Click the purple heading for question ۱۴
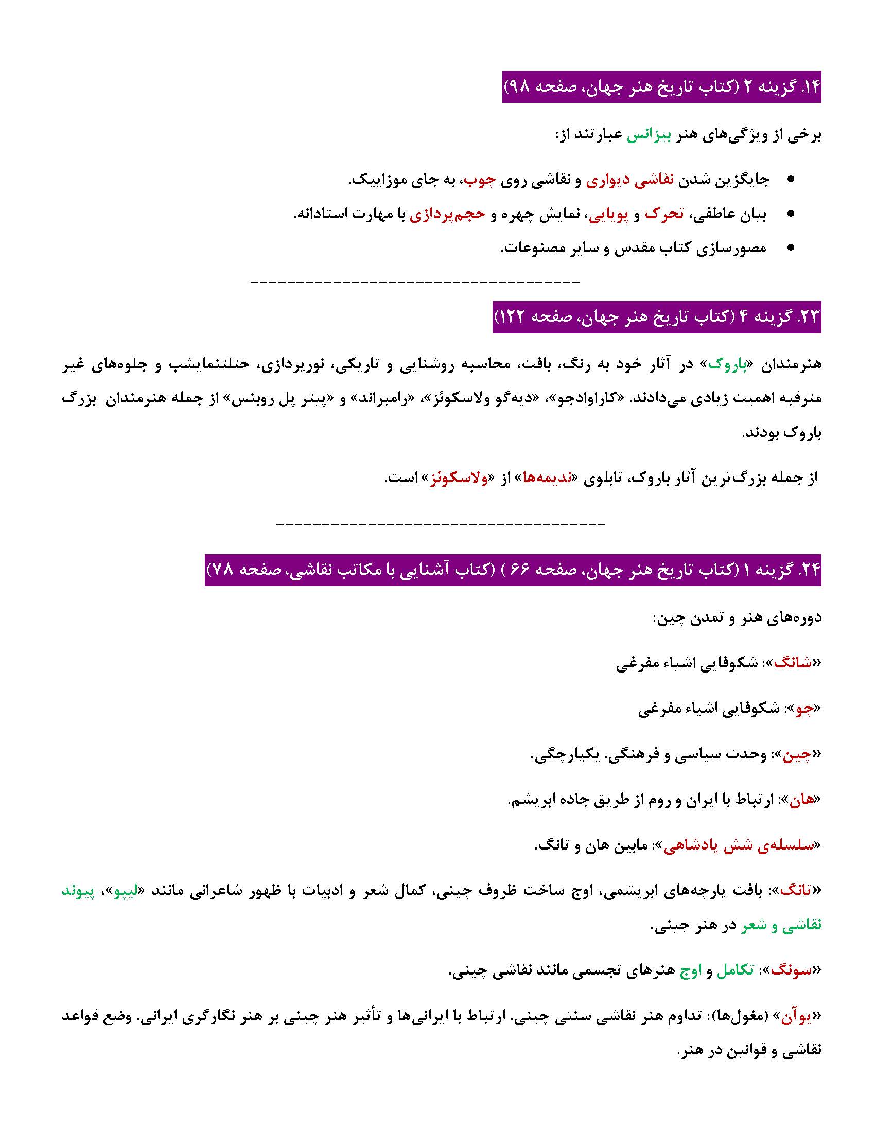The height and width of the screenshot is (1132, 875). [x=661, y=87]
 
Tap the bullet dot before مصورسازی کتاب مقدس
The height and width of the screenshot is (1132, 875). [x=791, y=249]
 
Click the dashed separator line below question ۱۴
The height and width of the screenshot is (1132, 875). [x=415, y=282]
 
